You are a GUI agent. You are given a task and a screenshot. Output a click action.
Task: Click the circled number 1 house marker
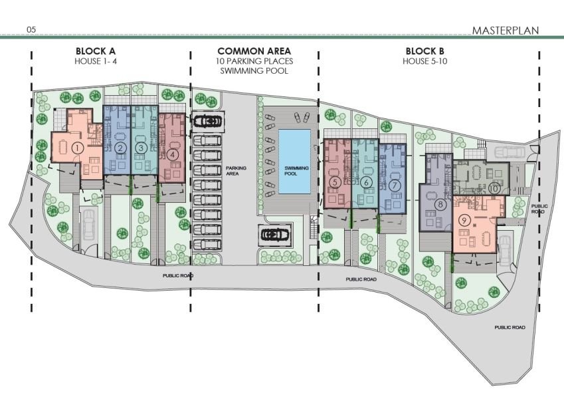pyautogui.click(x=77, y=148)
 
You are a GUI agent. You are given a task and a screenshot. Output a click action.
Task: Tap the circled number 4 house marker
pyautogui.click(x=173, y=155)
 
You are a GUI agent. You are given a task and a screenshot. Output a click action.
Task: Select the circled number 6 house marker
pyautogui.click(x=366, y=183)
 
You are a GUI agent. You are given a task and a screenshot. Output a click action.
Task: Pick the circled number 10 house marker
pyautogui.click(x=494, y=188)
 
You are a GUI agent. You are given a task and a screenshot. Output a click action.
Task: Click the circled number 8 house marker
pyautogui.click(x=440, y=205)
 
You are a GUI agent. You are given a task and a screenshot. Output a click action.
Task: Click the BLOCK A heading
pyautogui.click(x=96, y=51)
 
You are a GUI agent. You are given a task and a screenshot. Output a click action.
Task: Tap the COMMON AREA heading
pyautogui.click(x=254, y=51)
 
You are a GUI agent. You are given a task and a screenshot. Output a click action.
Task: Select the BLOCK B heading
pyautogui.click(x=424, y=51)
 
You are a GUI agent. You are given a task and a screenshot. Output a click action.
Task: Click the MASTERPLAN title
pyautogui.click(x=506, y=31)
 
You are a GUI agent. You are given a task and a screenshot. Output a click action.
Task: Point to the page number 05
pyautogui.click(x=31, y=29)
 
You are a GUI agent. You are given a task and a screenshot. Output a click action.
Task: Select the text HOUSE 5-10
pyautogui.click(x=424, y=61)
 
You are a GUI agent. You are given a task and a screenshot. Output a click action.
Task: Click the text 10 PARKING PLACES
pyautogui.click(x=254, y=61)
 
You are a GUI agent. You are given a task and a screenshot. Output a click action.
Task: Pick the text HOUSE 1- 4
pyautogui.click(x=96, y=61)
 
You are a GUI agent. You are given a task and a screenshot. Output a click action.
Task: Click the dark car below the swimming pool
pyautogui.click(x=275, y=235)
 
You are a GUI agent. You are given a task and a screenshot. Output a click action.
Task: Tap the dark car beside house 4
pyautogui.click(x=207, y=122)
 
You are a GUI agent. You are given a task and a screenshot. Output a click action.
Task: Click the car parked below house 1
pyautogui.click(x=88, y=225)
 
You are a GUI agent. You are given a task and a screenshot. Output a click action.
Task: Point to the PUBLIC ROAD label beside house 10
pyautogui.click(x=539, y=209)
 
